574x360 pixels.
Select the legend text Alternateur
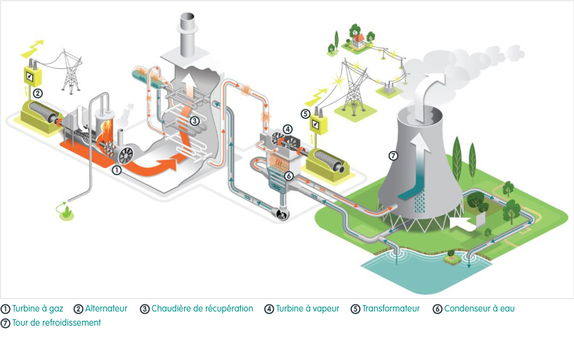[106, 309]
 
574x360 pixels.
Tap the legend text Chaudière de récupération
[202, 309]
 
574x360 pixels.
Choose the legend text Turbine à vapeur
[307, 309]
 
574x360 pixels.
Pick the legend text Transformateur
[391, 309]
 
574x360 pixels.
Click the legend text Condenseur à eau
[479, 309]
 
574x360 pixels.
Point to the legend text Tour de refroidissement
[56, 323]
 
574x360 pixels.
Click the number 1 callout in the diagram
[116, 170]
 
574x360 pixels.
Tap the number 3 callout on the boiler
[195, 121]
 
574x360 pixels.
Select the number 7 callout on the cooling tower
[393, 155]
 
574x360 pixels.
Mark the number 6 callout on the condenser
[289, 176]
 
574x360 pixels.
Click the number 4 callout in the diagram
[288, 129]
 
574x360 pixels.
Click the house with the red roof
[359, 39]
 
